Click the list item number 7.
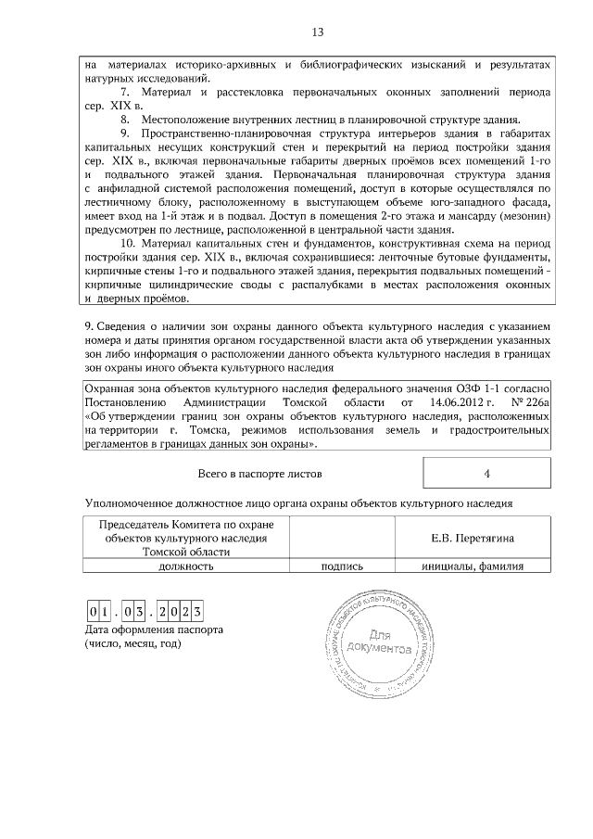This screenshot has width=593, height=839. [125, 94]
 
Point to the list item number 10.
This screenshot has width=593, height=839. [129, 243]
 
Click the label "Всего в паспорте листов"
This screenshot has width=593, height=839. [260, 474]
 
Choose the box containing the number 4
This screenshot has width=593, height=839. [486, 474]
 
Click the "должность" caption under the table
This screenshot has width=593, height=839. [186, 566]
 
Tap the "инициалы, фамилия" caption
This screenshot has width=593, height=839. [473, 566]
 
